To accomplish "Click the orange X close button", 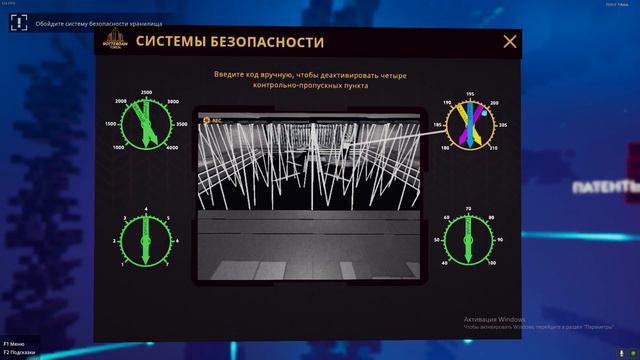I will coord(510,41).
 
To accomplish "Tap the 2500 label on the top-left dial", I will coord(146,92).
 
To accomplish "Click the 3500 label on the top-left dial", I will coord(181,124).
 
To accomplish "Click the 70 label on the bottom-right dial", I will coord(469,208).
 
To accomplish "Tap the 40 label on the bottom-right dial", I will coord(444,263).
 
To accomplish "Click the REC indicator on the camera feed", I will coord(213,120).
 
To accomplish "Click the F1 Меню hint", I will coord(15,342).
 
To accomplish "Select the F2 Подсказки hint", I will coord(19,352).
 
